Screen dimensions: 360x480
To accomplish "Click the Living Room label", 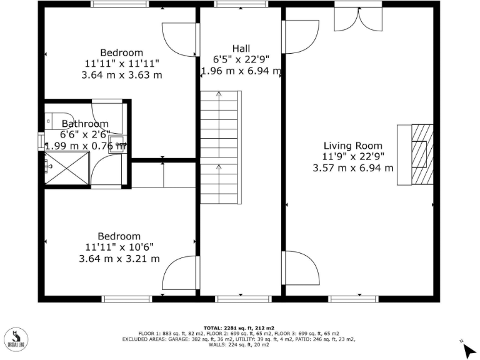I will click(352, 146).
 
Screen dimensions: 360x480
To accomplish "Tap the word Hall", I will click(241, 49).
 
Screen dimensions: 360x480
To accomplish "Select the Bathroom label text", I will click(85, 124).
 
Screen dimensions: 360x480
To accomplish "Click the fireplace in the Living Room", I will click(415, 154).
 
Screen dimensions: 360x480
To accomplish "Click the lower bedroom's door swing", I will click(179, 272).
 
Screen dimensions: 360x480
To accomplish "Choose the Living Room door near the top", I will click(298, 37).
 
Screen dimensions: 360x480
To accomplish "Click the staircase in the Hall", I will click(220, 147).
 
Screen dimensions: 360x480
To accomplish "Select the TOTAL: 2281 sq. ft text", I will click(240, 327).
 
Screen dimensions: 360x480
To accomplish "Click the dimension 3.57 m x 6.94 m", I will click(352, 167).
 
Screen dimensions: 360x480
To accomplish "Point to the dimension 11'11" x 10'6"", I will click(119, 247).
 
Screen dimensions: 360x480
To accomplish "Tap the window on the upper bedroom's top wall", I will click(119, 4).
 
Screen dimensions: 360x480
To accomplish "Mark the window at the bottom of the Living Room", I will click(354, 299).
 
